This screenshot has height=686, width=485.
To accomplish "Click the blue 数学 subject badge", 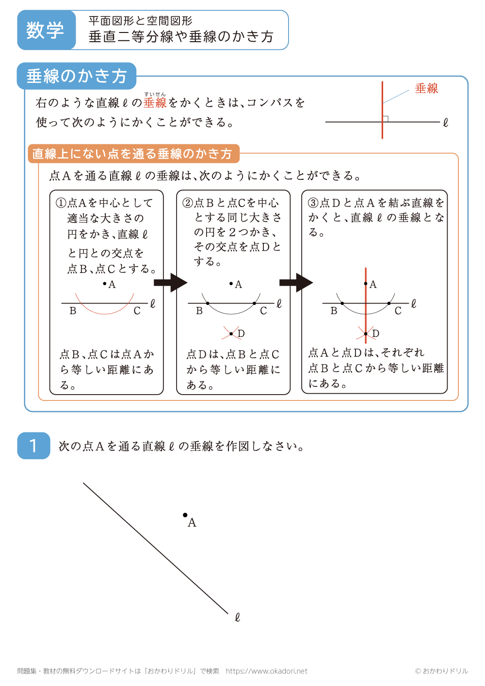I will pos(45,30).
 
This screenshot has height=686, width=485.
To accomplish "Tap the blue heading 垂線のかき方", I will pos(77,76).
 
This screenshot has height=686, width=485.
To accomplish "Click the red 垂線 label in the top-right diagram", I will pos(426,88).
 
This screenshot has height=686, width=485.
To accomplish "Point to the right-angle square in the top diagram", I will pos(386,119).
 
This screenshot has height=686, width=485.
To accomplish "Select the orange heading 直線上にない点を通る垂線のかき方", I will pos(132,154).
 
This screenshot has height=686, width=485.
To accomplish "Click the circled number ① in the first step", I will pos(61,203).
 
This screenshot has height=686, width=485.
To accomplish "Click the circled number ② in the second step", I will pos(188,203).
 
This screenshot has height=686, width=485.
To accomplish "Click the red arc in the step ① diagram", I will pos(105,311).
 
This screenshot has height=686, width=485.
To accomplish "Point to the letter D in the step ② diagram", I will pos(241,334).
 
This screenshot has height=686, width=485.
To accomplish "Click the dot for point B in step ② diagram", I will pos(208,303).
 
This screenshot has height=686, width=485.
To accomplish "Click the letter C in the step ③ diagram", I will pos(398,311).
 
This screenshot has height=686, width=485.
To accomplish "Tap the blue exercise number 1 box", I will pos(33,446).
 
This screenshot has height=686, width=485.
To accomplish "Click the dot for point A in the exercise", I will pos(185,515).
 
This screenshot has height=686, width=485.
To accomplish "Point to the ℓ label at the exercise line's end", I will pos(237,617).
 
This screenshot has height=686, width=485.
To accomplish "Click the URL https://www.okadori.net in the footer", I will pos(266,671).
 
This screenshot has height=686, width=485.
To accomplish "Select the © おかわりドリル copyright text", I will pos(441,671).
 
